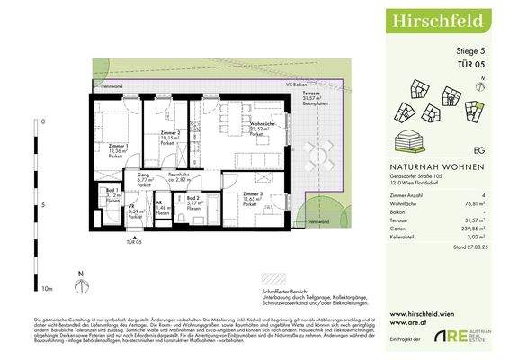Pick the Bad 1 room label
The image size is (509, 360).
(112, 192)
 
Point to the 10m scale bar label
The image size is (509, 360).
(47, 289)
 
